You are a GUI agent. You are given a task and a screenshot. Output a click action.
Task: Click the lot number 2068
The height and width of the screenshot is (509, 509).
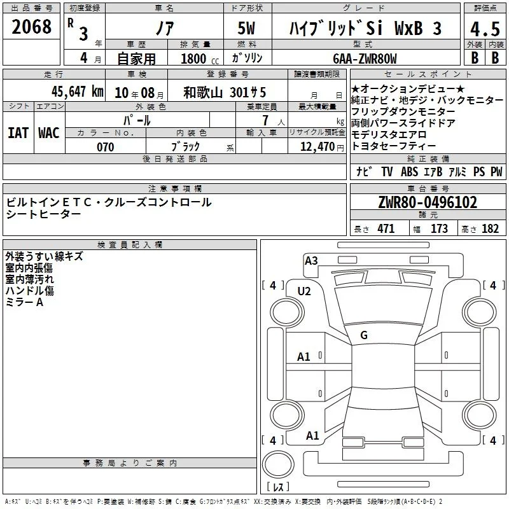click(x=31, y=27)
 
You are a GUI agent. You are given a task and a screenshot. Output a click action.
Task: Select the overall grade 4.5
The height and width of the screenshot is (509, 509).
click(x=485, y=29)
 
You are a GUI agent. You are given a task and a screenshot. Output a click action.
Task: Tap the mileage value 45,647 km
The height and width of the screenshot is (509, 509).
click(x=77, y=92)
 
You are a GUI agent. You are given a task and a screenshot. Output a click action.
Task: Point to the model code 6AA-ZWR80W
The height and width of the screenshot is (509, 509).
click(x=365, y=59)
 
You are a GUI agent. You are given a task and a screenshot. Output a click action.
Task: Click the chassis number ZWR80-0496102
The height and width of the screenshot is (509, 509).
click(x=428, y=202)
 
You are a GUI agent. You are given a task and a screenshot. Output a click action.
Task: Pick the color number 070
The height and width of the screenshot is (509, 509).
click(x=106, y=147)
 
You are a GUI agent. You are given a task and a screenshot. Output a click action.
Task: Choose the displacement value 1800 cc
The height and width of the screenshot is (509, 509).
click(x=200, y=59)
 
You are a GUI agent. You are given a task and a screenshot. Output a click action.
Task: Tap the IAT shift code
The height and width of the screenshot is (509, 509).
click(x=18, y=133)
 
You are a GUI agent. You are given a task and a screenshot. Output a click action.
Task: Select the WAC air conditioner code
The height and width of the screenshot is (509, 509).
click(x=49, y=133)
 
